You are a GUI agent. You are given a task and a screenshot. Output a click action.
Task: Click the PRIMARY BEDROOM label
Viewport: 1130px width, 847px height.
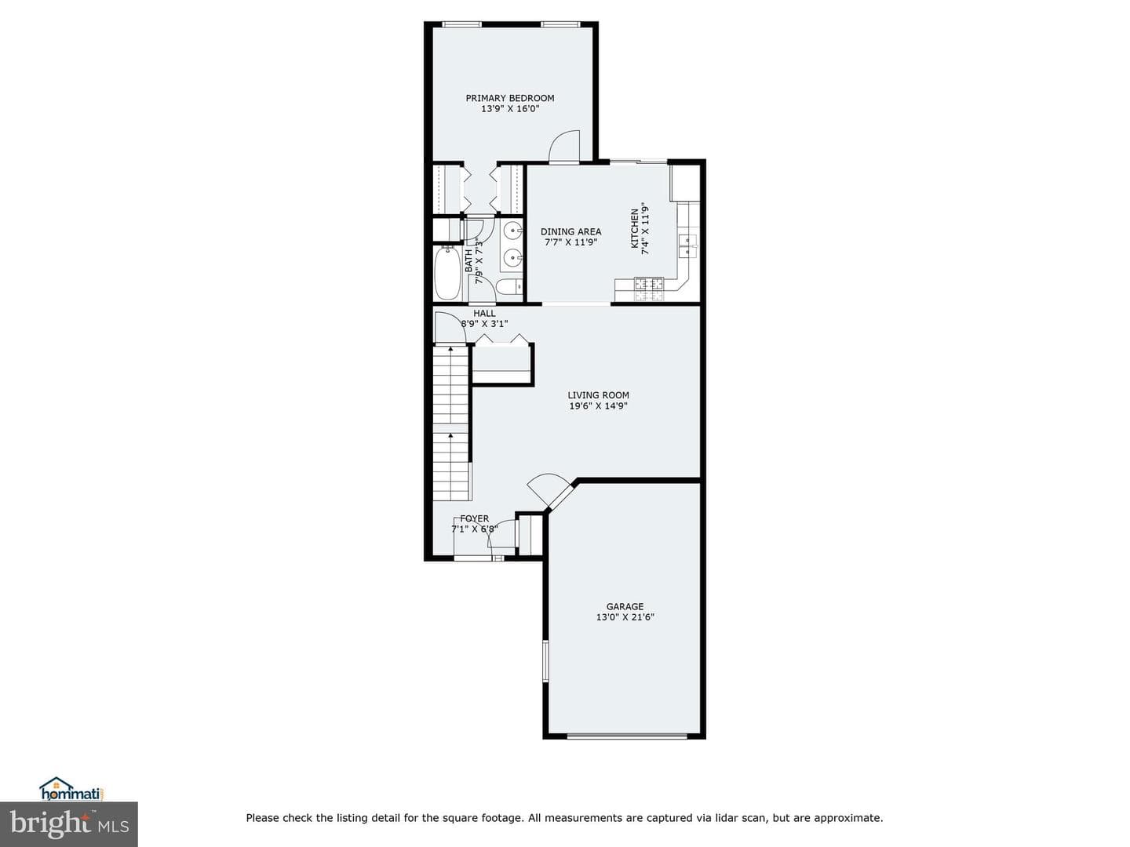pyautogui.click(x=509, y=98)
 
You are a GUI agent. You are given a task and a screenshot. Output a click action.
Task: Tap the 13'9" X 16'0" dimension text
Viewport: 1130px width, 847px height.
pyautogui.click(x=509, y=109)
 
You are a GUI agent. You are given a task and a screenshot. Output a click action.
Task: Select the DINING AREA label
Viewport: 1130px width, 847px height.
pyautogui.click(x=570, y=232)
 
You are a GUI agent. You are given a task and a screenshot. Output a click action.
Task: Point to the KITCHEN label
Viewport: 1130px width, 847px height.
pyautogui.click(x=634, y=228)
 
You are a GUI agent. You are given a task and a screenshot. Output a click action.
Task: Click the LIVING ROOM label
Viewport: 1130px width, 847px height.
pyautogui.click(x=598, y=395)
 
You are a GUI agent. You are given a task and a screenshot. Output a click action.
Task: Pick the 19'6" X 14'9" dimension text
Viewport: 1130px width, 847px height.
pyautogui.click(x=598, y=405)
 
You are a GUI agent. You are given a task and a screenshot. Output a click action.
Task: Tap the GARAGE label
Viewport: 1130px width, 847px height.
pyautogui.click(x=625, y=606)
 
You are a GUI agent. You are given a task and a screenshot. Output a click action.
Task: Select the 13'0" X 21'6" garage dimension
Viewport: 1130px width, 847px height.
pyautogui.click(x=625, y=617)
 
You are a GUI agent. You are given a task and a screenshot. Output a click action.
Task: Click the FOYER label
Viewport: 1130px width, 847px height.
pyautogui.click(x=474, y=518)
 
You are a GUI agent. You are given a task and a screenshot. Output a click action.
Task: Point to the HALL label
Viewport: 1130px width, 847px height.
pyautogui.click(x=484, y=313)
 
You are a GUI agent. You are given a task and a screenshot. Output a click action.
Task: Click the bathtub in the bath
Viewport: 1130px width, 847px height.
pyautogui.click(x=447, y=273)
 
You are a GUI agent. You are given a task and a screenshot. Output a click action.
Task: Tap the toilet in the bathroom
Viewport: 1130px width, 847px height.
pyautogui.click(x=509, y=286)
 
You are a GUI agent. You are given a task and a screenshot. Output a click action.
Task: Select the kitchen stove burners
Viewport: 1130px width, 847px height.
pyautogui.click(x=649, y=289)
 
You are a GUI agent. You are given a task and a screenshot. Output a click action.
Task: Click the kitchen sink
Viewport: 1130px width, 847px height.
pyautogui.click(x=687, y=245)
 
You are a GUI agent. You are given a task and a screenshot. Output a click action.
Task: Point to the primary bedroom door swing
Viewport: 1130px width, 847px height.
pyautogui.click(x=565, y=147)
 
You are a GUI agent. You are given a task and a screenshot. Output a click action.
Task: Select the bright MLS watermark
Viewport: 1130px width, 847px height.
pyautogui.click(x=69, y=823)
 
